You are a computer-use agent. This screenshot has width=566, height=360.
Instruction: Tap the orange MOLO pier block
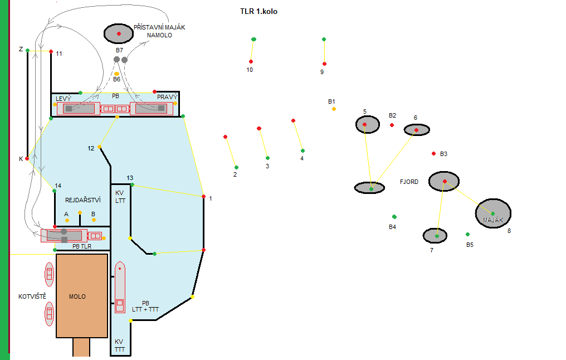[82, 296]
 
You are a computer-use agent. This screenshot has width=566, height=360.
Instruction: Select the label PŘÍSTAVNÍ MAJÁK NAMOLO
[159, 31]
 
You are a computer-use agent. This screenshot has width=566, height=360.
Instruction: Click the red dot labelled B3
[434, 153]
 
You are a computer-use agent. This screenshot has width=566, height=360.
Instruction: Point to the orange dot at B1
[334, 109]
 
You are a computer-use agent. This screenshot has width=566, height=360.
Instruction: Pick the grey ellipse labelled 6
[417, 130]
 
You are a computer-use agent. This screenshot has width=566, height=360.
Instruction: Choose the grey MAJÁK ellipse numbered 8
[493, 212]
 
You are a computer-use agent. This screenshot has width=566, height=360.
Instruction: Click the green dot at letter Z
[27, 51]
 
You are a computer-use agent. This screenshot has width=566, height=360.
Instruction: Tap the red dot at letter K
[27, 158]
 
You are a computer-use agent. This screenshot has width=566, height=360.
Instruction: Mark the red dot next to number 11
[51, 52]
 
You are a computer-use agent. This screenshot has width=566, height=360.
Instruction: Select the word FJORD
[409, 182]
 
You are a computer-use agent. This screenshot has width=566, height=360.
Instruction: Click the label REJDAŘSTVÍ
[82, 200]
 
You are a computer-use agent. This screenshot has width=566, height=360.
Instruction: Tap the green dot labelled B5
[467, 234]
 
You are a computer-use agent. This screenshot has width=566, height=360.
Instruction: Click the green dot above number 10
[253, 39]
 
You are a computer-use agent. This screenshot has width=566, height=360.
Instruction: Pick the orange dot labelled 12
[100, 147]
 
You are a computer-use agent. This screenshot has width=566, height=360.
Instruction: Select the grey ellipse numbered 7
[435, 236]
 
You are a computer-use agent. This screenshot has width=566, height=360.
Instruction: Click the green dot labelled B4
[394, 216]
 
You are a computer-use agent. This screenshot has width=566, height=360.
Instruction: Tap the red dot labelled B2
[392, 125]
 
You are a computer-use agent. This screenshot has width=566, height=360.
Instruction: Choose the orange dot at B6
[116, 74]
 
